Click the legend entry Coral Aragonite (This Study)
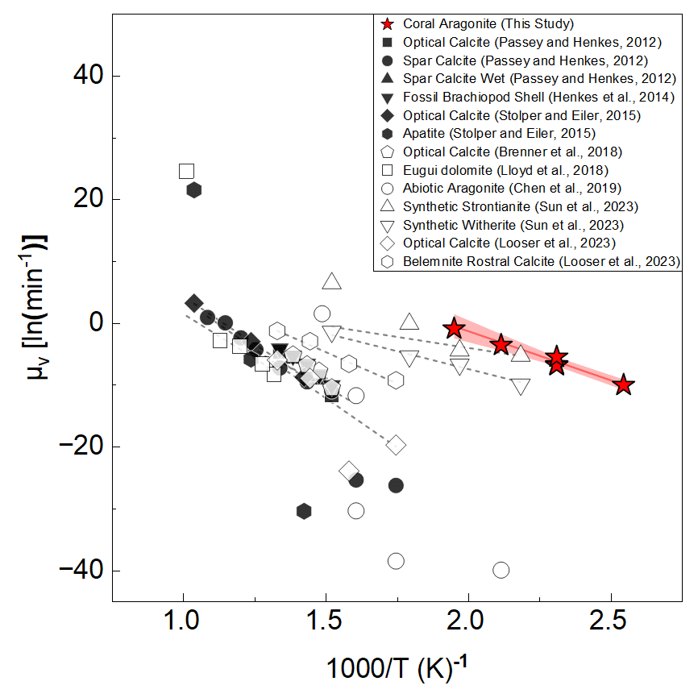point(484,24)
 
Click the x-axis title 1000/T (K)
point(395,668)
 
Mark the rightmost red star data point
point(623,385)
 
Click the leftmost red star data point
point(454,328)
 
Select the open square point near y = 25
point(187,171)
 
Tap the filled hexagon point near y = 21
point(193,190)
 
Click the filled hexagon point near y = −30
point(304,511)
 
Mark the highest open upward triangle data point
point(332,281)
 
